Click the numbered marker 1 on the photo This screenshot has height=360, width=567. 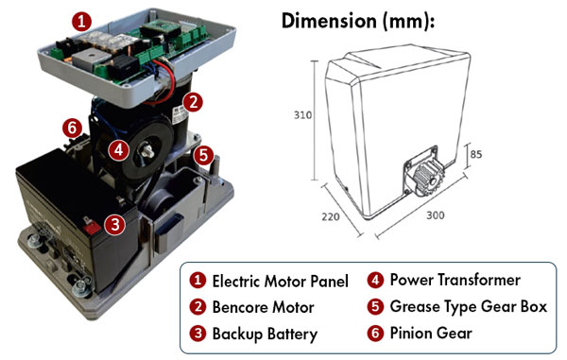[82, 22]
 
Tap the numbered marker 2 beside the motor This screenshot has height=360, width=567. [193, 102]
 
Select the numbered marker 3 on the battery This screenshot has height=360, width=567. [115, 225]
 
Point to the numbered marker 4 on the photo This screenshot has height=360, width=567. [119, 150]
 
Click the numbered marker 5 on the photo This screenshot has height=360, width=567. [203, 156]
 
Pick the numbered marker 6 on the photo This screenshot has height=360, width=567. [73, 128]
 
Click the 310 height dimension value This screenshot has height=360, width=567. [302, 115]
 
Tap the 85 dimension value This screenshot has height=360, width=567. [476, 154]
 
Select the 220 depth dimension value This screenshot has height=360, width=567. [331, 217]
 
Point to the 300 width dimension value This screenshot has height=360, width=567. [436, 215]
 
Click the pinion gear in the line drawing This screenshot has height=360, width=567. [428, 177]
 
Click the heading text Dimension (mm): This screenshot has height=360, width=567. [357, 22]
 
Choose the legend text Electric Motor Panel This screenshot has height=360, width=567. [281, 282]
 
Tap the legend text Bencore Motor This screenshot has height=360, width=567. [263, 307]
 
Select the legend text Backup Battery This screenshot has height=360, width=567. [265, 334]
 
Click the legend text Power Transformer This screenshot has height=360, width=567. [455, 280]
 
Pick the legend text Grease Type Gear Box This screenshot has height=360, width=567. [469, 307]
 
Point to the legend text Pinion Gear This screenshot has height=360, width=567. [431, 334]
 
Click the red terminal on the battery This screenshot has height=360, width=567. [92, 228]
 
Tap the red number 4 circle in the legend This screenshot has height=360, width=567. [375, 281]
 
